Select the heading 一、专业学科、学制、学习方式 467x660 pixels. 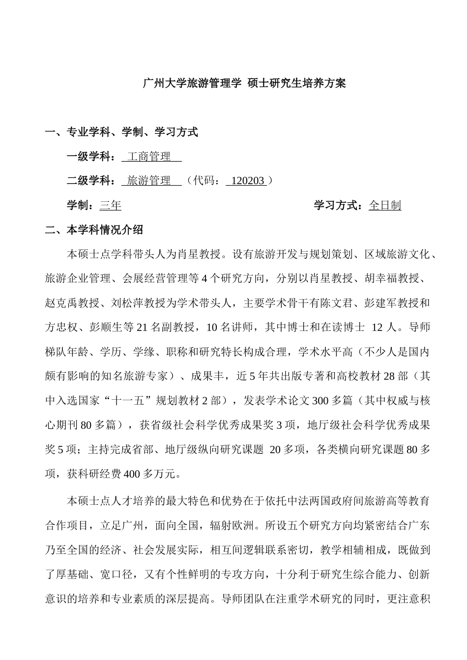click(121, 132)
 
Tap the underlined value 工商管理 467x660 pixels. click(149, 157)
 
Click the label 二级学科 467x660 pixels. click(88, 181)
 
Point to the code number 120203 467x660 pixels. click(247, 181)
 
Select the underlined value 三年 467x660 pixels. click(110, 205)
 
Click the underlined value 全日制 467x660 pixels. click(384, 205)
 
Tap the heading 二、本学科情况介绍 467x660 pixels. click(94, 230)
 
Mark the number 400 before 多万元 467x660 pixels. click(133, 474)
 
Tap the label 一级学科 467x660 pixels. click(88, 157)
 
